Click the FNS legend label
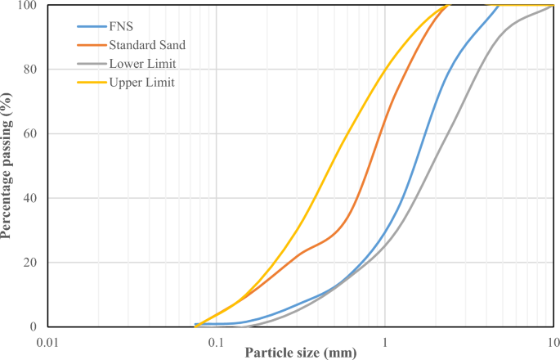point(120,26)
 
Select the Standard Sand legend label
point(146,45)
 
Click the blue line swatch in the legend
point(90,26)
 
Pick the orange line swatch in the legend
point(90,45)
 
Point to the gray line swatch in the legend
point(90,64)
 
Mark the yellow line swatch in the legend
point(90,83)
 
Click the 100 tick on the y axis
point(29,6)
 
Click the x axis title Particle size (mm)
point(299,353)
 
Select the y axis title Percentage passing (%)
point(7,166)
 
